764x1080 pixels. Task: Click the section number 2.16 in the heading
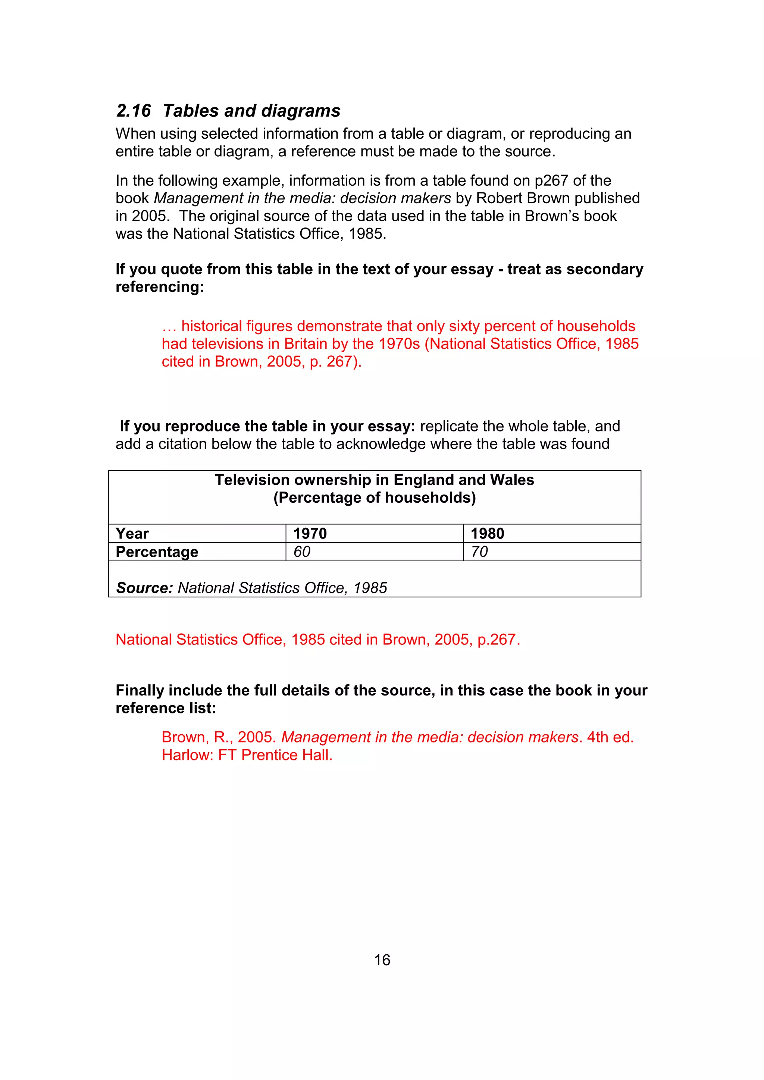(134, 111)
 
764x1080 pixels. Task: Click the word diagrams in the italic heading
(301, 111)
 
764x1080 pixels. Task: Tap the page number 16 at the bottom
(382, 960)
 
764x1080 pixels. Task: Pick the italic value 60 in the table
(302, 552)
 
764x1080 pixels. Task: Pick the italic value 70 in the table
(479, 552)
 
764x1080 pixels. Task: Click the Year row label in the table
(132, 533)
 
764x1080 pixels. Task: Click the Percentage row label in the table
(157, 552)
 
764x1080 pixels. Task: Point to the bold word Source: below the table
(145, 588)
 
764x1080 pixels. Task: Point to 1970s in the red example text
(400, 344)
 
